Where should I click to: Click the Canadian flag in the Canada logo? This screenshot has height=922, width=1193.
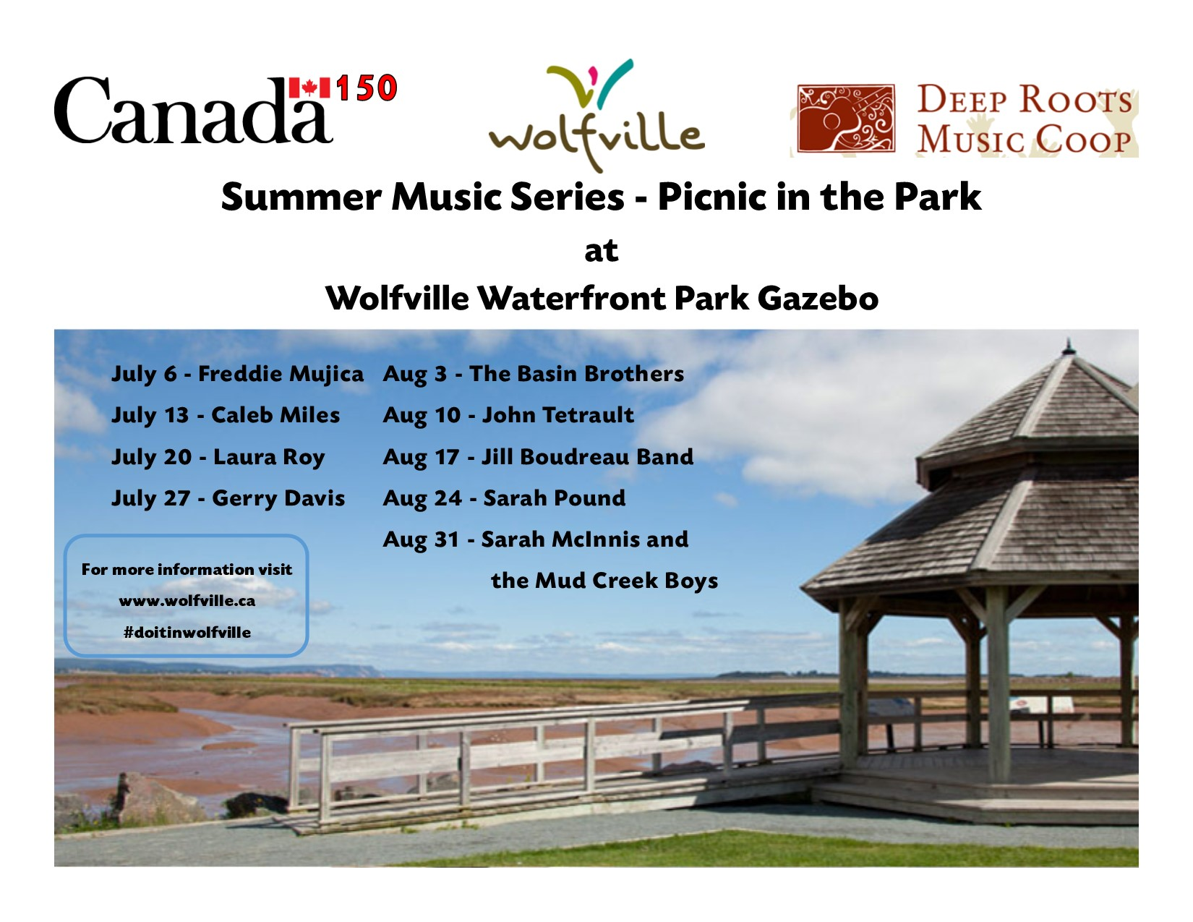coord(309,87)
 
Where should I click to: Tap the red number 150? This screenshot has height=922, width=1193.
coord(367,88)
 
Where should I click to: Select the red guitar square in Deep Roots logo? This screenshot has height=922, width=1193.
coord(845,118)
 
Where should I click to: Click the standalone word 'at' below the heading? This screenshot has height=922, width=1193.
coord(601,251)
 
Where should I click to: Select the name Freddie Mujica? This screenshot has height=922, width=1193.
coord(281,374)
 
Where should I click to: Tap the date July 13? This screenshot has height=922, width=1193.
coord(150,415)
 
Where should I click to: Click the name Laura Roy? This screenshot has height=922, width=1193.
coord(268,457)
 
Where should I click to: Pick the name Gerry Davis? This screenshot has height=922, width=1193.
coord(278,498)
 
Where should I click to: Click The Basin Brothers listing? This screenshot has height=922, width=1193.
coord(576,374)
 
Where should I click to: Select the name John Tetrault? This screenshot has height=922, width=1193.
coord(557,415)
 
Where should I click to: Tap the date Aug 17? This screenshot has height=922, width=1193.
coord(421,457)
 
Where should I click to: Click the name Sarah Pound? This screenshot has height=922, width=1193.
coord(554,498)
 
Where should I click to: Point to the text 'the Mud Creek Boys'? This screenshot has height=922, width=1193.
coord(604,581)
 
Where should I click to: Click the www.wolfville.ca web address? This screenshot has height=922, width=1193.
coord(187,601)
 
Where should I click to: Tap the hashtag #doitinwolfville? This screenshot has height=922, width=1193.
coord(187,633)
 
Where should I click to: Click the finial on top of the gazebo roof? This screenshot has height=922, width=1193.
coord(1068,346)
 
